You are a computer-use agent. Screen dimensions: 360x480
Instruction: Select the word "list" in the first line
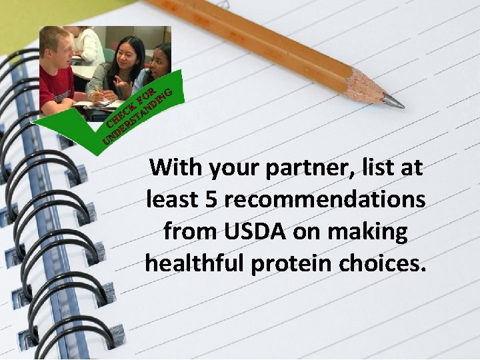379,167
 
